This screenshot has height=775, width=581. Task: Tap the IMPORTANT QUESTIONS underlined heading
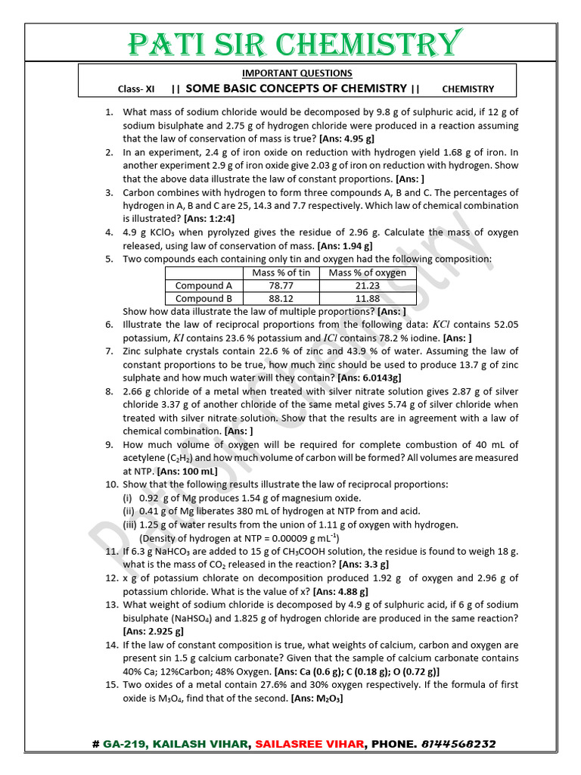297,73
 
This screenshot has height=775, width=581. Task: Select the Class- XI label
136,89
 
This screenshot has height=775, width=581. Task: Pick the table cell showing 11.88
368,298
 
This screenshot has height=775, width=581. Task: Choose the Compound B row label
204,298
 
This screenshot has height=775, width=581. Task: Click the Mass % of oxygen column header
368,272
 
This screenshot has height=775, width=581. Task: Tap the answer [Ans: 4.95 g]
346,139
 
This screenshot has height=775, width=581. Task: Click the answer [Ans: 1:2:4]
187,218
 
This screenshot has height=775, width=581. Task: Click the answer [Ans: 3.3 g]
364,564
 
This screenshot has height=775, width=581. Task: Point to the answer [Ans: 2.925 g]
153,630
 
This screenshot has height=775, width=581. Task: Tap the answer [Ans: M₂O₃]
316,698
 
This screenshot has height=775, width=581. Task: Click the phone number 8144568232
458,744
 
